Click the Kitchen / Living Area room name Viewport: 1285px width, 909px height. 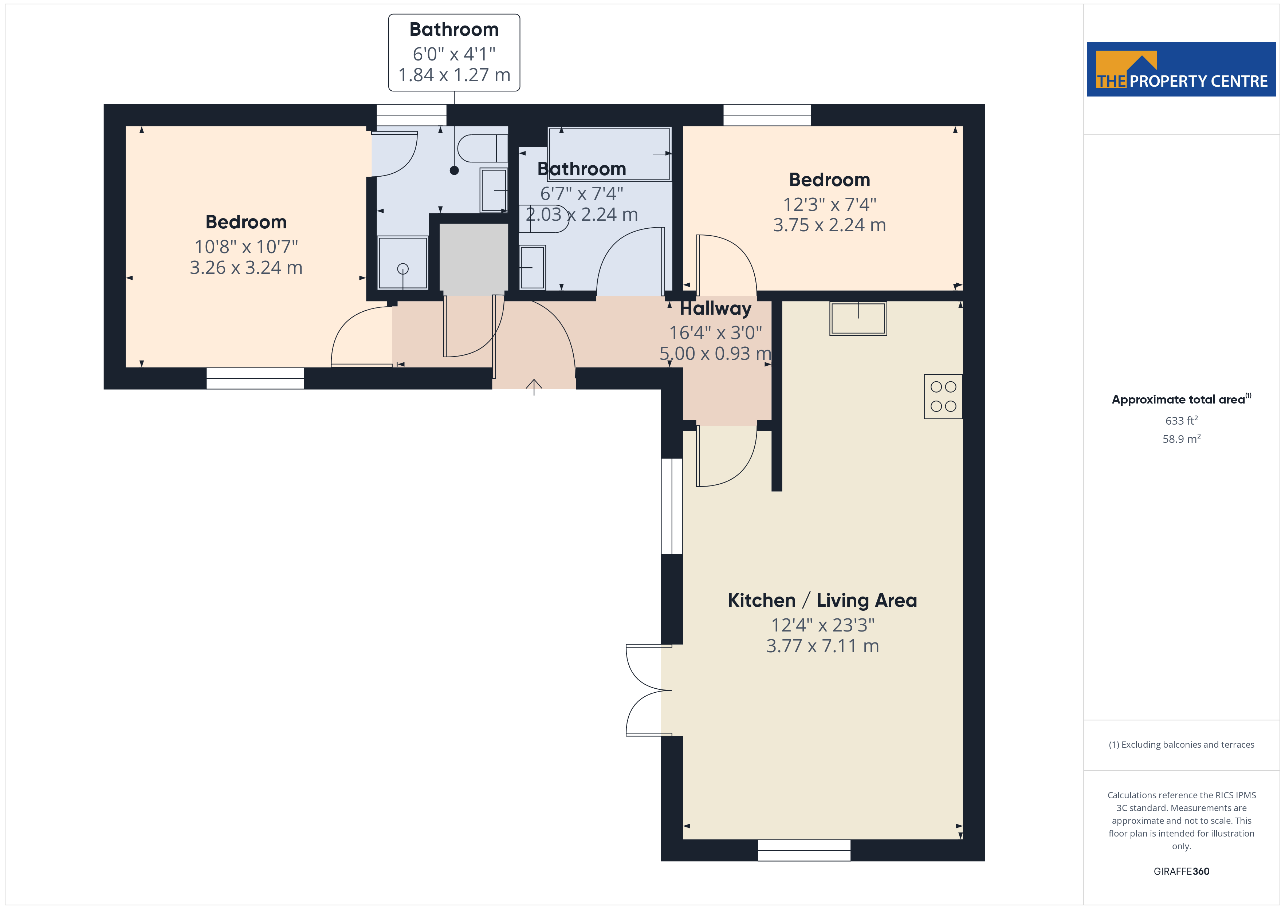(x=822, y=601)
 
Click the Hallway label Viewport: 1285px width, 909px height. (x=715, y=308)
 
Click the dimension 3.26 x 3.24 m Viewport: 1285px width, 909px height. (x=246, y=268)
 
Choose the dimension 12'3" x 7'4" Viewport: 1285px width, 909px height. (x=829, y=204)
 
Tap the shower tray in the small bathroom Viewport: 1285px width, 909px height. (x=403, y=263)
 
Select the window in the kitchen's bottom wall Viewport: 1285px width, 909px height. (x=804, y=850)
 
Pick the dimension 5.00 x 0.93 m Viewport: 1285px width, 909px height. (x=715, y=354)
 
